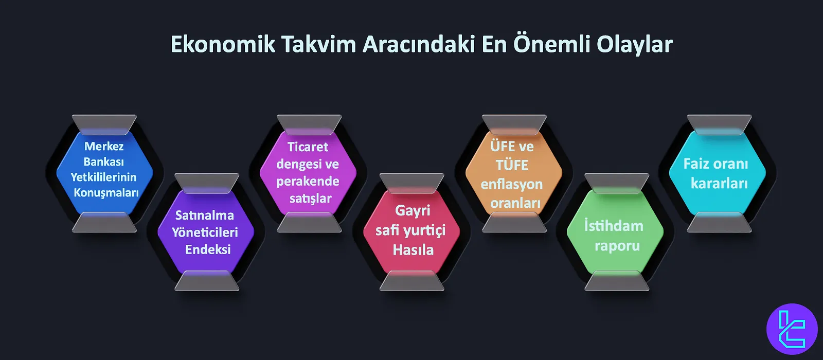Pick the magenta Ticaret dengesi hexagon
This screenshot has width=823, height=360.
(308, 173)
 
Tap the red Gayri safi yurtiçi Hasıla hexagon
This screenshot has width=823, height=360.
(411, 231)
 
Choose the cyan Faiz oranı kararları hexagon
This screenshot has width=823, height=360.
(717, 173)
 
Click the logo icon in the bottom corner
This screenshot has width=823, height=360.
(792, 329)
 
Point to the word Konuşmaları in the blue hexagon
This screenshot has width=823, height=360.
(106, 193)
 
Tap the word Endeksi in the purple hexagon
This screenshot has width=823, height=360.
(208, 250)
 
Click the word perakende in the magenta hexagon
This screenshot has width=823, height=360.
(308, 182)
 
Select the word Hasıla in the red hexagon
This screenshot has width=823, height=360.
(413, 250)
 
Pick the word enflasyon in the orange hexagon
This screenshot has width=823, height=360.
(512, 185)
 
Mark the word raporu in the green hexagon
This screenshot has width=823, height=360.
(617, 246)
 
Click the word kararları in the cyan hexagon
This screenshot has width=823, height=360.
(719, 184)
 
